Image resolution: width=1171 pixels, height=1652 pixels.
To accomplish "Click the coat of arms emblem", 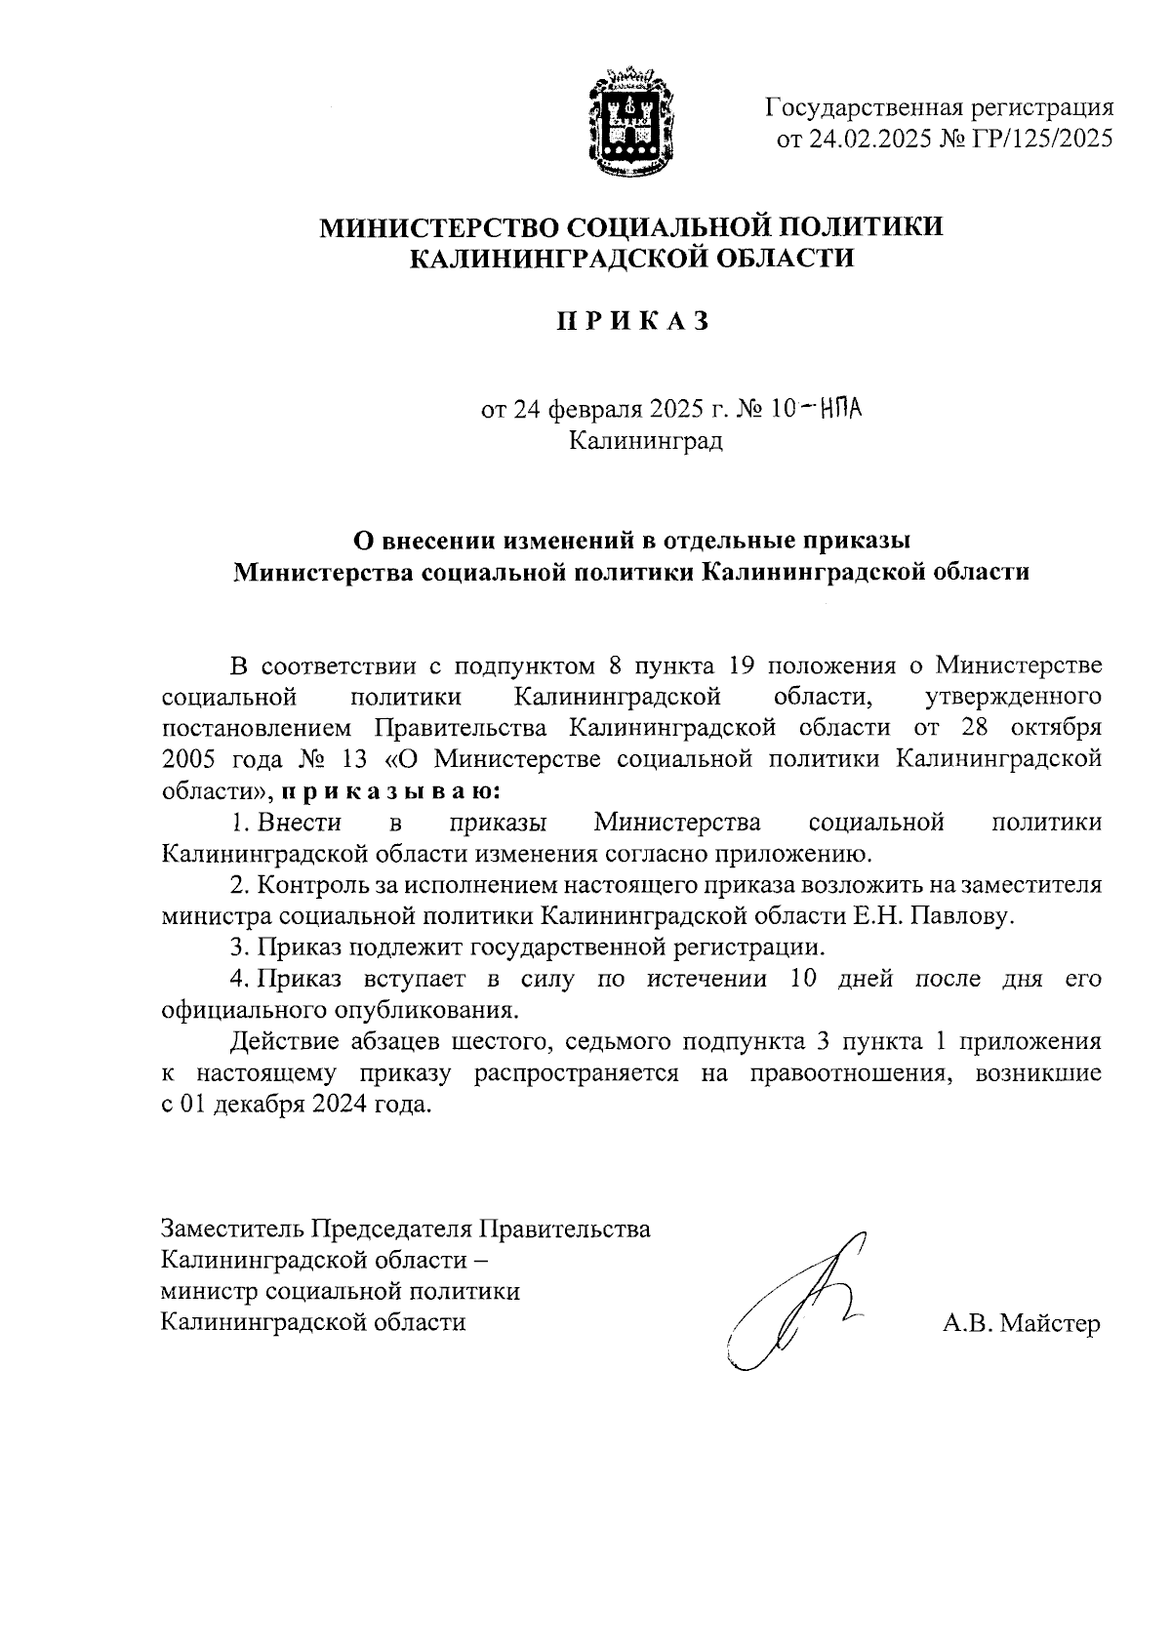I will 626,122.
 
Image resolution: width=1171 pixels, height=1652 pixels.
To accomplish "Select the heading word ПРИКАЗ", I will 631,321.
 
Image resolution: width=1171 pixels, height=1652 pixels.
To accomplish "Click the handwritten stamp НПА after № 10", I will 843,408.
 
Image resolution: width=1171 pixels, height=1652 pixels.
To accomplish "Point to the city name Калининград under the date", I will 646,441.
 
